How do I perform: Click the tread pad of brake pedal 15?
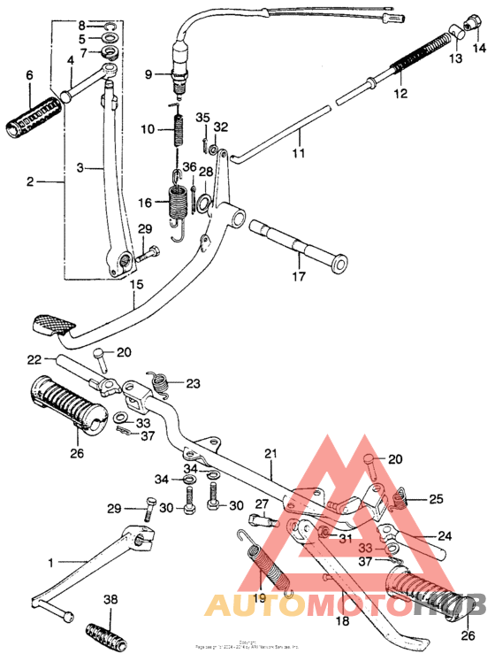(x=51, y=322)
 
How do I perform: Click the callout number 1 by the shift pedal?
(x=50, y=562)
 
